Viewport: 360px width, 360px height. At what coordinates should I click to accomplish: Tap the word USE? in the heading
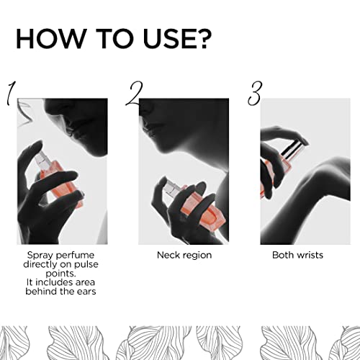point(177,39)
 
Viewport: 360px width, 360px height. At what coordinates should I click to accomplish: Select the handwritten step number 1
point(11,94)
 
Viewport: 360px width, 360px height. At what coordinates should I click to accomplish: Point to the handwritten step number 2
point(135,94)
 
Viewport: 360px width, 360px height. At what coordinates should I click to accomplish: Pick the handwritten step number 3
point(255,94)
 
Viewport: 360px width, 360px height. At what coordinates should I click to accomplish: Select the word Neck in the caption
point(167,255)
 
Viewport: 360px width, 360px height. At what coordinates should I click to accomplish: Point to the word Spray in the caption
point(39,256)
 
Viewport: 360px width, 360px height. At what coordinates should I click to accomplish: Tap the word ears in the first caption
point(87,292)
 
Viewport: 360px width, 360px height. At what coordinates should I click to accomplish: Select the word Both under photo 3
point(282,255)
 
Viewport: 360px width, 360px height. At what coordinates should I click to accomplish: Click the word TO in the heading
point(113,39)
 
